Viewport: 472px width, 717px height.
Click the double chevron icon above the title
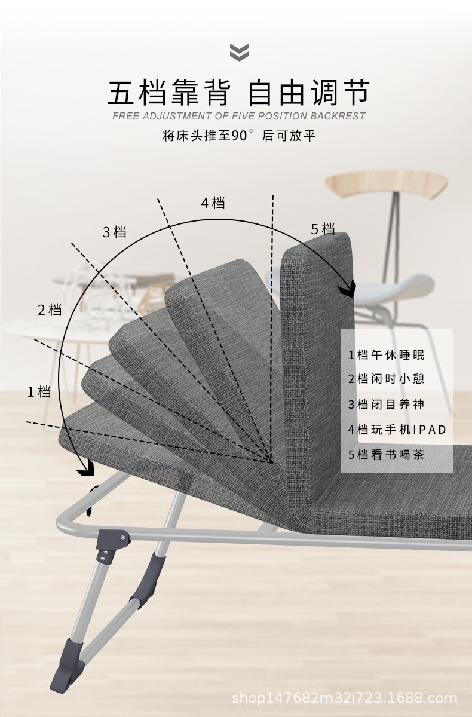[239, 52]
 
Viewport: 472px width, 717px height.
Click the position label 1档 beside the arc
[39, 392]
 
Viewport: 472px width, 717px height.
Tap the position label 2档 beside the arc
[50, 310]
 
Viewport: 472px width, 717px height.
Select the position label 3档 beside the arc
[115, 232]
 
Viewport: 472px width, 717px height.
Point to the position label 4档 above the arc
[213, 203]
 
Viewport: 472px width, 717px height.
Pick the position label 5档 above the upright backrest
[323, 229]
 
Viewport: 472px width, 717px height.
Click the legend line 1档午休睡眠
[386, 354]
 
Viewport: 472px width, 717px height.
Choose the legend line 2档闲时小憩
[386, 379]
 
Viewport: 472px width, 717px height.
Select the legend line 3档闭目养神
[386, 404]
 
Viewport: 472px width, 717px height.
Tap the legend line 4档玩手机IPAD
[397, 429]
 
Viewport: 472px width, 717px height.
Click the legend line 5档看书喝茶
[386, 454]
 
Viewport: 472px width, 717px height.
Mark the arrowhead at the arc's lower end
[86, 470]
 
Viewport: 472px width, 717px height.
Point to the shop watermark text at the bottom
[344, 698]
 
